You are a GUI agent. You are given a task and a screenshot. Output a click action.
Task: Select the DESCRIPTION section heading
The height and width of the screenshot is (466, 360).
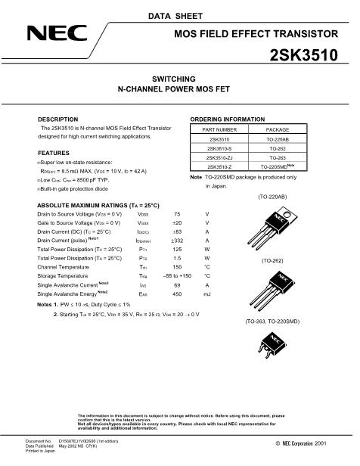click(58, 120)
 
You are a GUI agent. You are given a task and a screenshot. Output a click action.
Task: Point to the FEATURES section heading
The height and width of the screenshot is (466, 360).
click(54, 153)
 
